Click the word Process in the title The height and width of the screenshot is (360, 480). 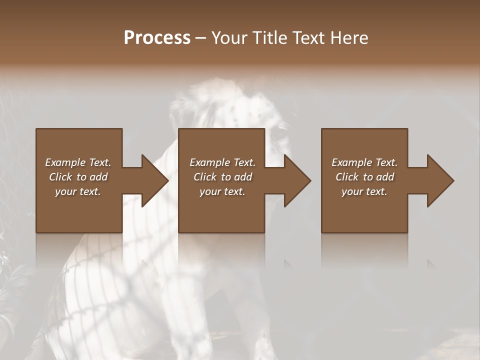pos(157,38)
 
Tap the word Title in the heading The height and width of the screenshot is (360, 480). pos(268,38)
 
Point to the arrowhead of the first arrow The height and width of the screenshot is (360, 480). pos(155,180)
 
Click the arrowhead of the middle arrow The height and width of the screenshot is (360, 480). pos(298,180)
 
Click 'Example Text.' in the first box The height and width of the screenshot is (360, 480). pos(78,162)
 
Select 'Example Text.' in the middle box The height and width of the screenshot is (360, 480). pos(222,162)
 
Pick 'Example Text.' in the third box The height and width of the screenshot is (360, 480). pos(364,162)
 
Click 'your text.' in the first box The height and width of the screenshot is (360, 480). pos(78,191)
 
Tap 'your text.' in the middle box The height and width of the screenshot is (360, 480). pos(222,191)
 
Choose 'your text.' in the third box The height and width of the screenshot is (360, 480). pos(364,191)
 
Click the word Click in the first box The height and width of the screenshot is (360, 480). pos(61,177)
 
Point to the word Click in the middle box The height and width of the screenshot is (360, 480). pos(205,177)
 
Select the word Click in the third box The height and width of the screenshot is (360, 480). pos(347,177)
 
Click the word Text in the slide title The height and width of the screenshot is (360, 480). pos(307,38)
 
